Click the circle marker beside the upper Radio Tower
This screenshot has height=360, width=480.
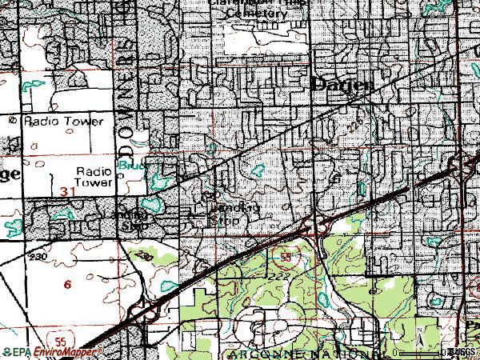(14, 121)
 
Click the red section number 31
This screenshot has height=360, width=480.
(68, 193)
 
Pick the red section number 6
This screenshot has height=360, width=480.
(67, 284)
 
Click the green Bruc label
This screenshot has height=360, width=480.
(128, 166)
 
